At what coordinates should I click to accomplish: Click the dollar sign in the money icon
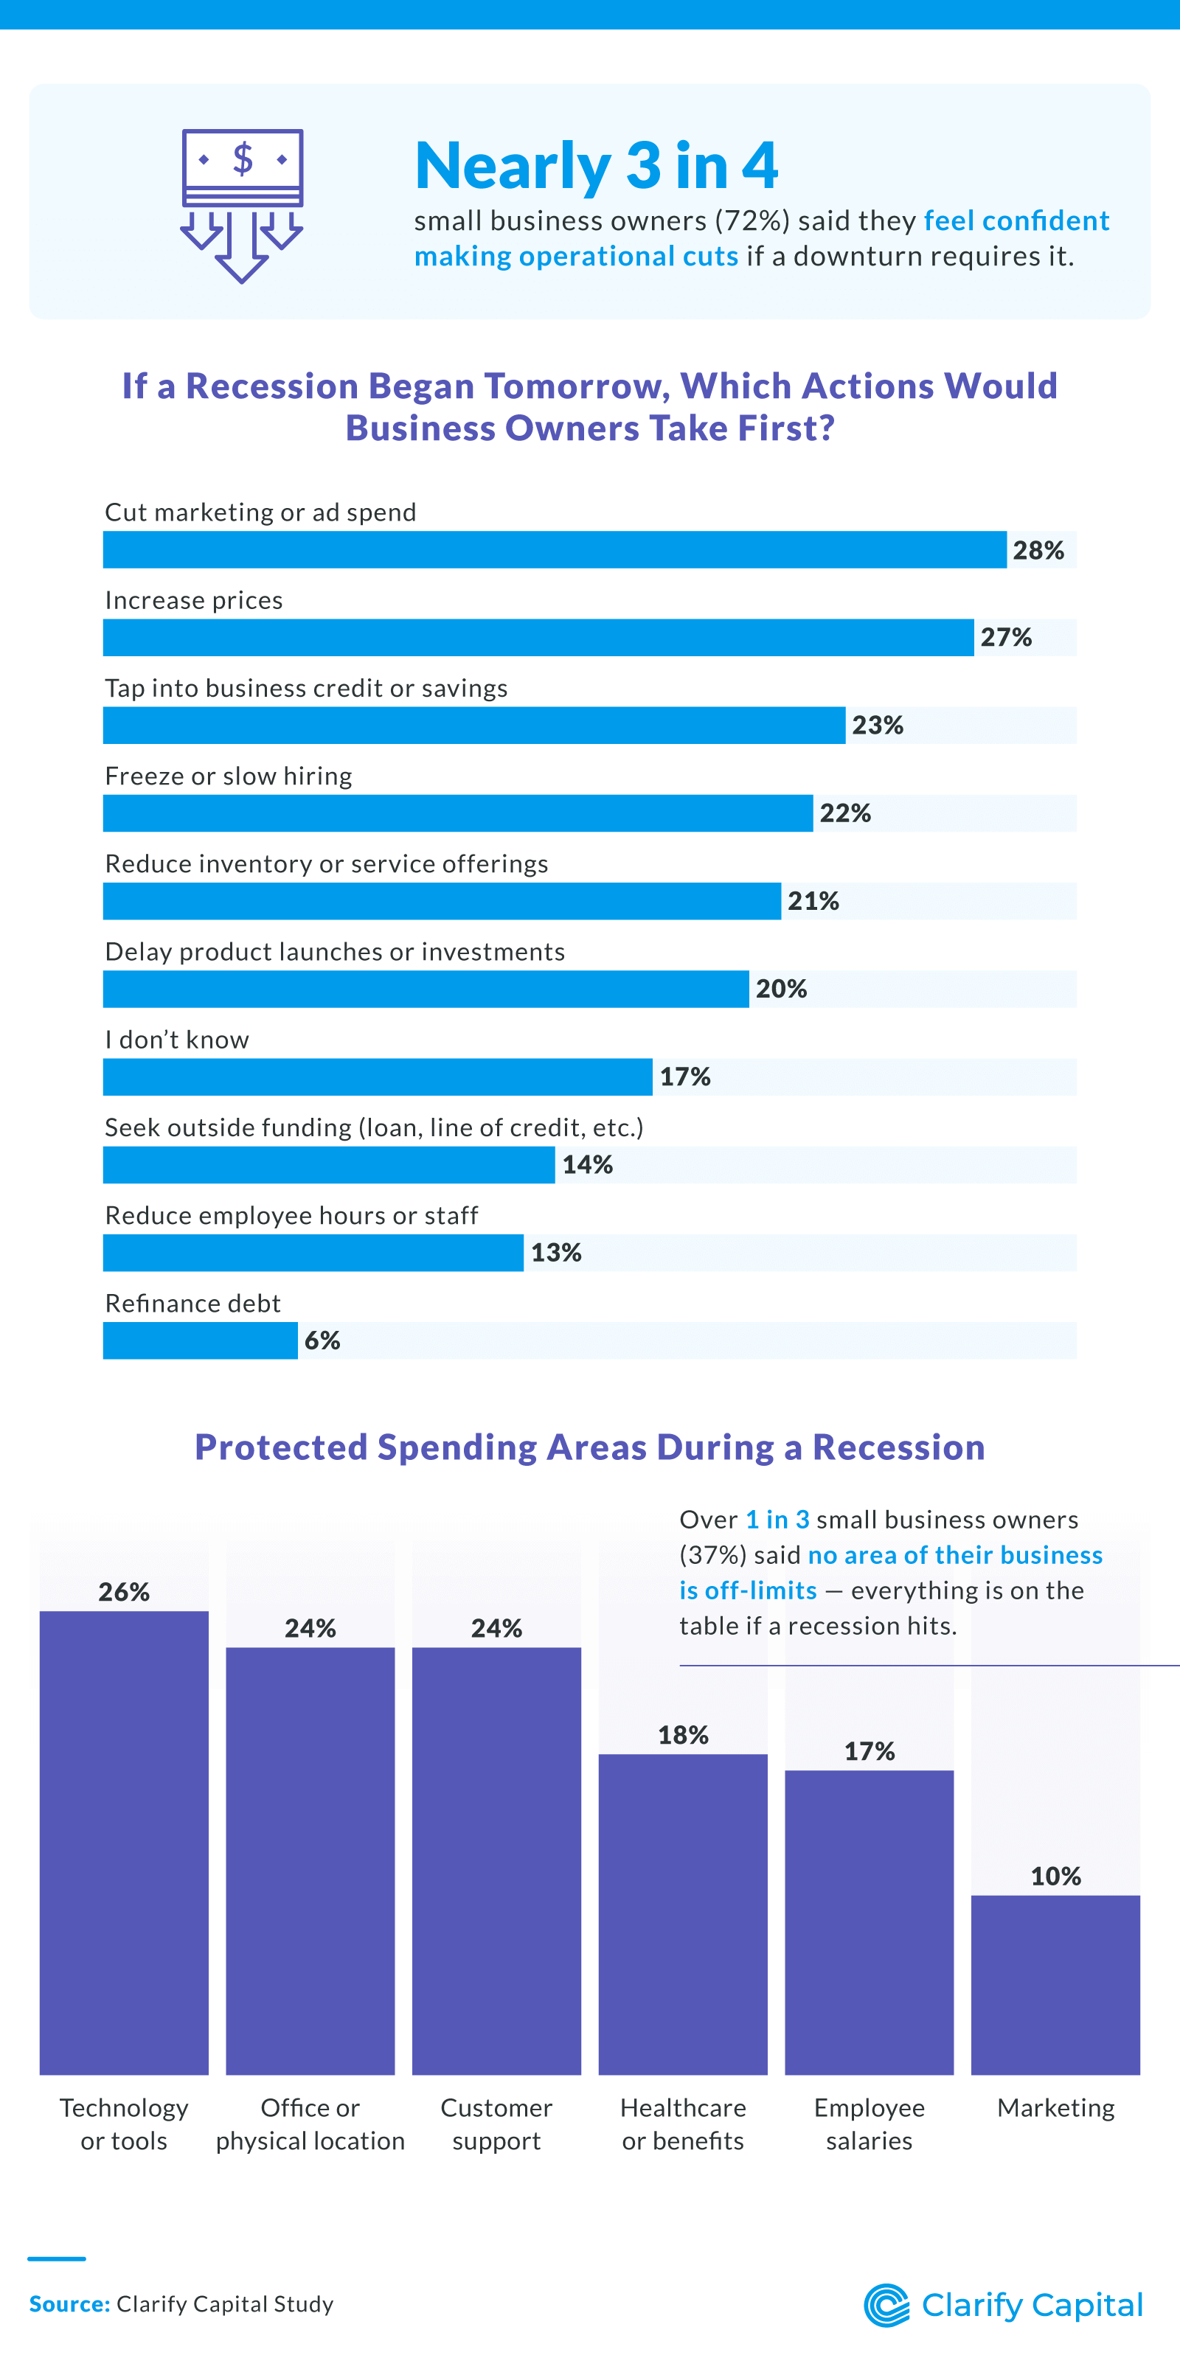(243, 159)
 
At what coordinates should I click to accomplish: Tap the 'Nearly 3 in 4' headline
(596, 166)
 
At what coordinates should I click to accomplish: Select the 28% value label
(1038, 550)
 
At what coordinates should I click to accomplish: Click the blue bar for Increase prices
(538, 638)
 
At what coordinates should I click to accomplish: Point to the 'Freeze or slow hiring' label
(228, 776)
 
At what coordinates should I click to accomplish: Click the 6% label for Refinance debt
(322, 1341)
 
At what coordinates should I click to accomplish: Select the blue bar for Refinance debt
(200, 1341)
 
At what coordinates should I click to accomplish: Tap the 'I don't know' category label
(177, 1040)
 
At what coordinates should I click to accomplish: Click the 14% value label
(587, 1165)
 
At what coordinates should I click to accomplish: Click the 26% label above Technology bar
(124, 1592)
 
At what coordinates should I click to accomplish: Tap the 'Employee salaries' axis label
(869, 2124)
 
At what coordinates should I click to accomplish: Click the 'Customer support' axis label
(496, 2124)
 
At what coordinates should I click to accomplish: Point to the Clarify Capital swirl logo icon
(886, 2305)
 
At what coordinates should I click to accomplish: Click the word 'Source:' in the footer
(69, 2304)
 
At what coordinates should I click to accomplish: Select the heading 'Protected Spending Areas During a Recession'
(589, 1447)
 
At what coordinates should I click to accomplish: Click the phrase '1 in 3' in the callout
(777, 1520)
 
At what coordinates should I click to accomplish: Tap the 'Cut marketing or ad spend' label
(260, 512)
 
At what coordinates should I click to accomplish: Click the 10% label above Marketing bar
(1055, 1877)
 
